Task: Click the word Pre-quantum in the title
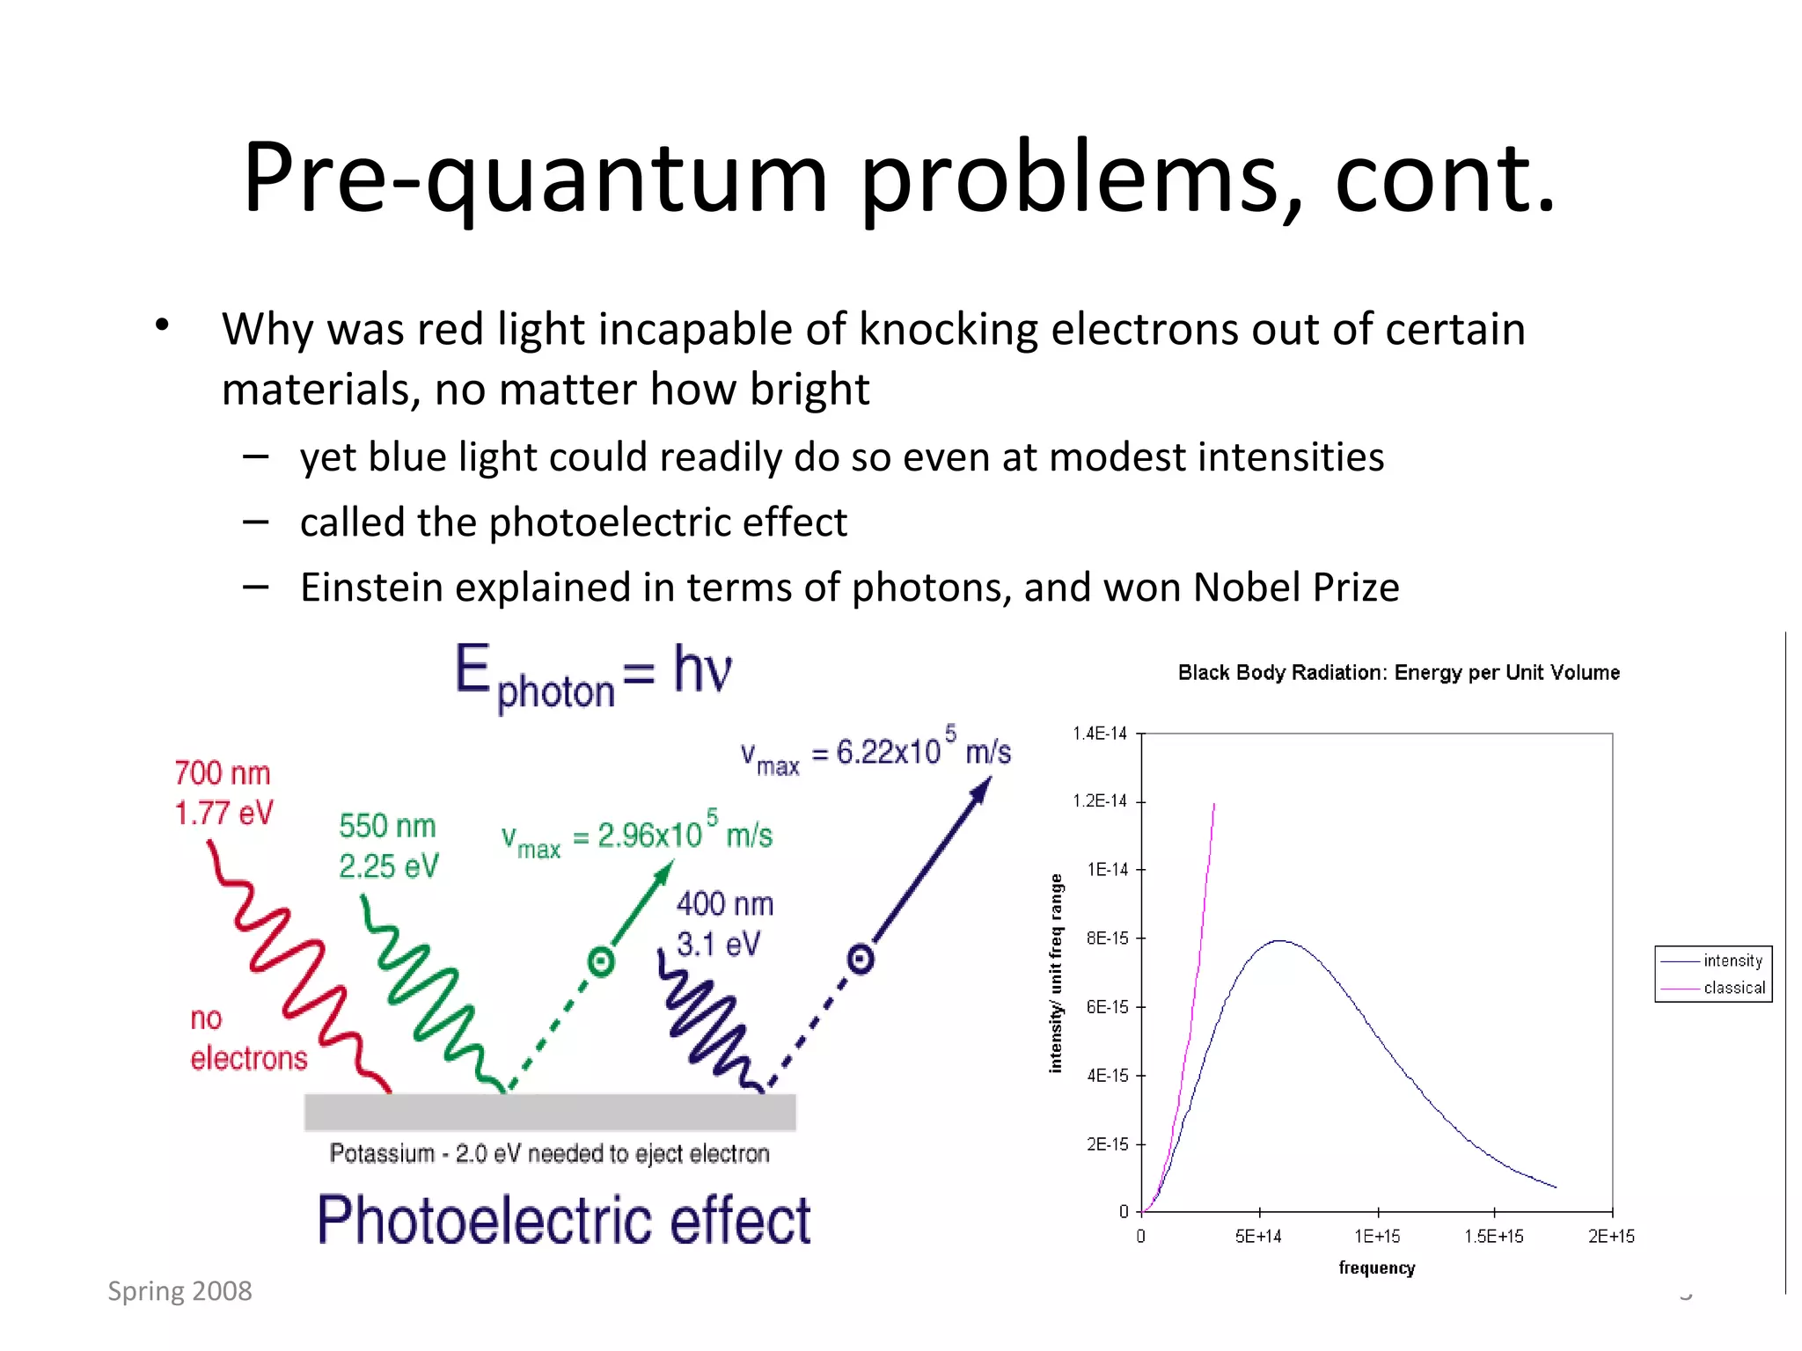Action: tap(535, 179)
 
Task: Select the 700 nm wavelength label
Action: tap(222, 773)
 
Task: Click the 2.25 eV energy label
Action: tap(388, 866)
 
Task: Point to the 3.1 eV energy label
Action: tap(717, 944)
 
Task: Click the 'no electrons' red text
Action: tap(247, 1039)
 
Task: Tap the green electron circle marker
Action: tap(601, 961)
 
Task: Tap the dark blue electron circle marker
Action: tap(861, 959)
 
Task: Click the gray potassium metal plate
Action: tap(550, 1113)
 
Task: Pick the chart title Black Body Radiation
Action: tap(1398, 673)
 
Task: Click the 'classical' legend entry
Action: tap(1733, 988)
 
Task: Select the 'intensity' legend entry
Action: tap(1732, 960)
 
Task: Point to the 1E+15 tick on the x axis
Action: tap(1377, 1236)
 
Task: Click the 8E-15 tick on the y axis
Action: tap(1107, 938)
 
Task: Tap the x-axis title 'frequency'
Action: tap(1377, 1267)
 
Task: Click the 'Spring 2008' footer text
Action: tap(179, 1290)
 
